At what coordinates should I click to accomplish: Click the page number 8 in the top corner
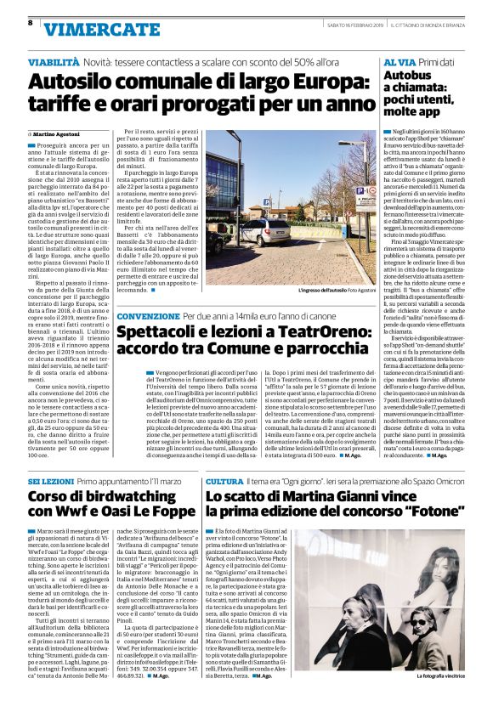[30, 23]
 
